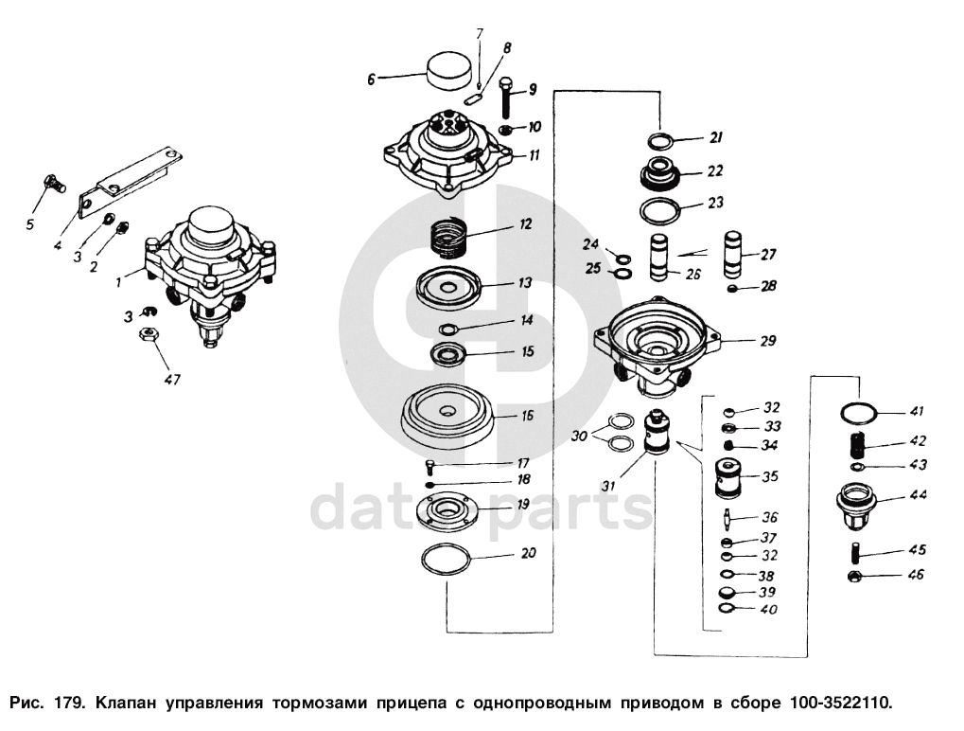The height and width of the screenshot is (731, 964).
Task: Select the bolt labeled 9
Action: pos(506,98)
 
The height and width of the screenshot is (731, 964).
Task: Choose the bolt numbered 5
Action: pos(54,183)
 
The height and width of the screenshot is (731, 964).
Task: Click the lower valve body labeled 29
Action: pos(656,346)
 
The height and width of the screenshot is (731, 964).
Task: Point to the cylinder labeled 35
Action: pos(728,477)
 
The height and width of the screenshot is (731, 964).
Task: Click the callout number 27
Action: pos(768,254)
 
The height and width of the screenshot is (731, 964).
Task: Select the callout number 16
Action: pos(527,416)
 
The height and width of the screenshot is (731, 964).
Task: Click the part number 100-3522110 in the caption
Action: pos(839,702)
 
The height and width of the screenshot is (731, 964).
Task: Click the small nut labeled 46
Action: pos(853,578)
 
